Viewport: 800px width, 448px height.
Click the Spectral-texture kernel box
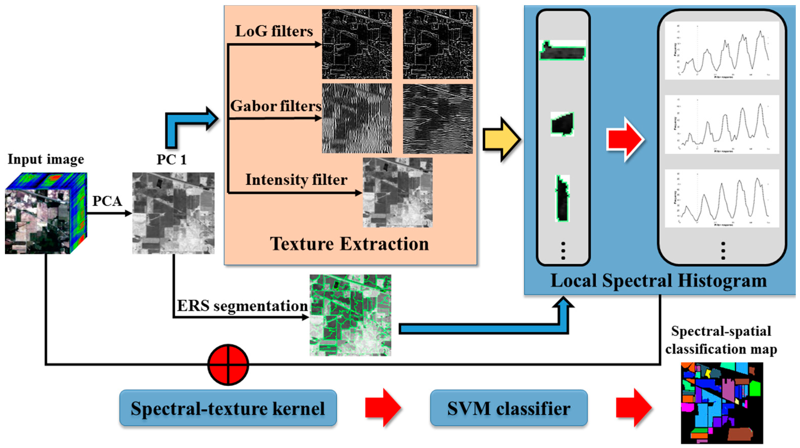(228, 408)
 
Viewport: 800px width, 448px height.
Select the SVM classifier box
(508, 408)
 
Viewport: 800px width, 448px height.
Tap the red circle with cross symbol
(228, 364)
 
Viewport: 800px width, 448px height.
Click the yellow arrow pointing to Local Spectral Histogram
(501, 139)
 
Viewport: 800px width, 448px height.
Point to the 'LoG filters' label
(274, 31)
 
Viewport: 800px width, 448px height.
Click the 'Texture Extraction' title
(349, 244)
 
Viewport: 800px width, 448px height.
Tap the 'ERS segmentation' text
(242, 306)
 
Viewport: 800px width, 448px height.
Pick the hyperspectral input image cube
(46, 213)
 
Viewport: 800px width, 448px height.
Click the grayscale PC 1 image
(173, 213)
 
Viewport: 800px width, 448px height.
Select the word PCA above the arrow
(107, 201)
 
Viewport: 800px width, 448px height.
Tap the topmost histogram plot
(721, 50)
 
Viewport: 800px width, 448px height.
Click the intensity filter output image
(398, 193)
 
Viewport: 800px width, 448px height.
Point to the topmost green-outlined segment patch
(562, 50)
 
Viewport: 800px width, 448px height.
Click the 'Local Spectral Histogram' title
(658, 281)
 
